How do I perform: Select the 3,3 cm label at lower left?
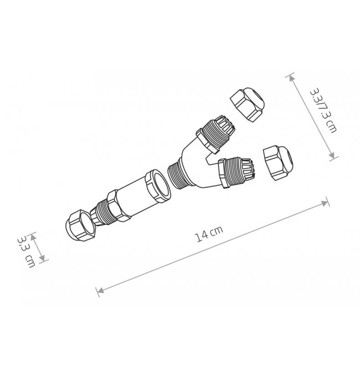click(27, 251)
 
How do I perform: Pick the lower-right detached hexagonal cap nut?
click(279, 163)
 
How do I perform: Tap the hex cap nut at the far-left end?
click(80, 225)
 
